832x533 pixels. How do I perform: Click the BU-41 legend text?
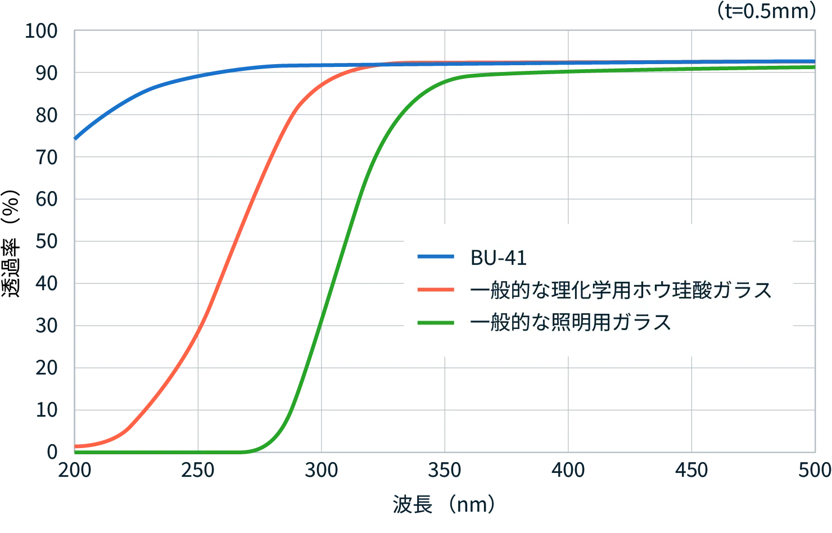[x=498, y=258]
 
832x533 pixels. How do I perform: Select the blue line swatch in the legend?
[x=436, y=257]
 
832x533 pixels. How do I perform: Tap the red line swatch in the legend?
[x=436, y=290]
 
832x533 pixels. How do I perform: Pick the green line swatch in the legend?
[x=436, y=323]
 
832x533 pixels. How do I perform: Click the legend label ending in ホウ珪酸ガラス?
[x=621, y=290]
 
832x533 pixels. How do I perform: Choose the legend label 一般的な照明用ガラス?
[x=571, y=323]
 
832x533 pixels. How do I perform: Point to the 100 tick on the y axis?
[x=40, y=31]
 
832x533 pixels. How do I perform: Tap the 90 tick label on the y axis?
[x=47, y=73]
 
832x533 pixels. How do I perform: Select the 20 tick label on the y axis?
[x=47, y=368]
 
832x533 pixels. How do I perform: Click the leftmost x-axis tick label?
[x=75, y=471]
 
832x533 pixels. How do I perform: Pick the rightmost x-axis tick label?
[x=814, y=471]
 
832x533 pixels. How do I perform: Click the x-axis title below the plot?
[x=442, y=504]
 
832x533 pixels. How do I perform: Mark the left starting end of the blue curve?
[x=76, y=138]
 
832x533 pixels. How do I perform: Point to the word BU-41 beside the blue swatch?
[x=498, y=258]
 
